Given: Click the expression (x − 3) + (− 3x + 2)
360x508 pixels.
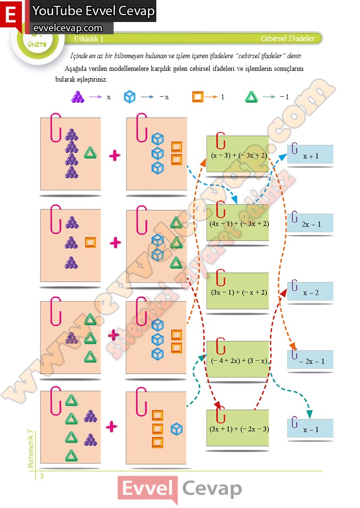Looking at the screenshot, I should (238, 155).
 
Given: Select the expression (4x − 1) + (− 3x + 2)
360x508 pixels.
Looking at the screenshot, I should (238, 223).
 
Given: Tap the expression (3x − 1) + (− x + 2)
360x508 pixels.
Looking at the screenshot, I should (238, 292).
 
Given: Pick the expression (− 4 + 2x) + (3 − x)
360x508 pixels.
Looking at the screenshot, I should (238, 361).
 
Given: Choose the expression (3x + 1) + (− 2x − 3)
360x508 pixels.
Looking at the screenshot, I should (238, 429).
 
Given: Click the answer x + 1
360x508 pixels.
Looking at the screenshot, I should (311, 156).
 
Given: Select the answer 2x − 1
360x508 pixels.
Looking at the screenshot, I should (311, 224).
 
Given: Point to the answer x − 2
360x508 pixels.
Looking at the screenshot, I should (311, 292).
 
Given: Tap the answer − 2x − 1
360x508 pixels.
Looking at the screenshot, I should (312, 361).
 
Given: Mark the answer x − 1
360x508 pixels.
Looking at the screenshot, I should (311, 429).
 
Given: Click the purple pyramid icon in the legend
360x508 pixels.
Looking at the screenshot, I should (77, 97).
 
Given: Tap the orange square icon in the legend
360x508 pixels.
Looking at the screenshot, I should (197, 97).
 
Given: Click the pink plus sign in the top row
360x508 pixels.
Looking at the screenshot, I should (114, 156).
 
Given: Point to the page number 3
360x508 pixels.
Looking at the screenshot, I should (42, 476).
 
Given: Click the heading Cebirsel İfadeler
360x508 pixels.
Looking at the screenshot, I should (288, 39).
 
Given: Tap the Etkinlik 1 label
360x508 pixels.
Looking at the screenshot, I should (89, 39).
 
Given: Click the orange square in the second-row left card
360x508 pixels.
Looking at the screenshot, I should (90, 242).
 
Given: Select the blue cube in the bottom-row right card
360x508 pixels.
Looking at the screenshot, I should (176, 429).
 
